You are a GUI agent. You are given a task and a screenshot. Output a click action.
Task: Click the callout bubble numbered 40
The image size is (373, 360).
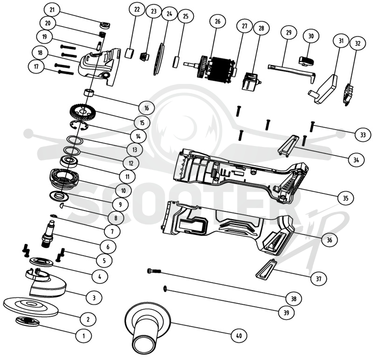[x=239, y=335]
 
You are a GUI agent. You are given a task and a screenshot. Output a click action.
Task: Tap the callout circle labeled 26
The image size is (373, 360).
[x=218, y=21]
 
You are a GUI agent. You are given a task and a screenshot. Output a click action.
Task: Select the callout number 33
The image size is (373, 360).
[x=363, y=135]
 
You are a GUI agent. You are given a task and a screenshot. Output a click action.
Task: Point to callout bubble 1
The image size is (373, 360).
[x=83, y=336]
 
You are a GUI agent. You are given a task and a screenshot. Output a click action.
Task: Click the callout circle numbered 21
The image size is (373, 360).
[x=52, y=10]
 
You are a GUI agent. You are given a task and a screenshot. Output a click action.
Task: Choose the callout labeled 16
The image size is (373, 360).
[x=146, y=108]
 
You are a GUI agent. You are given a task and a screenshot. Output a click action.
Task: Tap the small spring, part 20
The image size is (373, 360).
[x=102, y=34]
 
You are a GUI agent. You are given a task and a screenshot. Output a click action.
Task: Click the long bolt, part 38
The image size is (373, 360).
[x=154, y=271]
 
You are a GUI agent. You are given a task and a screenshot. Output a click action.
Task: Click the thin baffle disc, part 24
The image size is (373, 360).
[x=160, y=59]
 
